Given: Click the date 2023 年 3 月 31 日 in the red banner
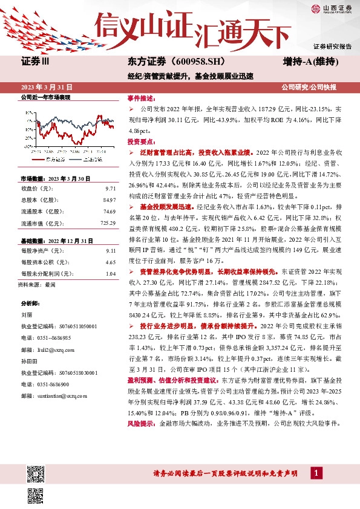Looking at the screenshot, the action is tap(47, 87).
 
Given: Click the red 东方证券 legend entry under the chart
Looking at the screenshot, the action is tap(55, 159).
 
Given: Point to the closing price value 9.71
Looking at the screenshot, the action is tap(110, 189).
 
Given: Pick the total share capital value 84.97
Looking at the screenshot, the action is tap(109, 199).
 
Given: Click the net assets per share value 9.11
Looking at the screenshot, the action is tap(110, 250).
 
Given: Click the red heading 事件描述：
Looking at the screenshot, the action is tap(140, 98).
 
